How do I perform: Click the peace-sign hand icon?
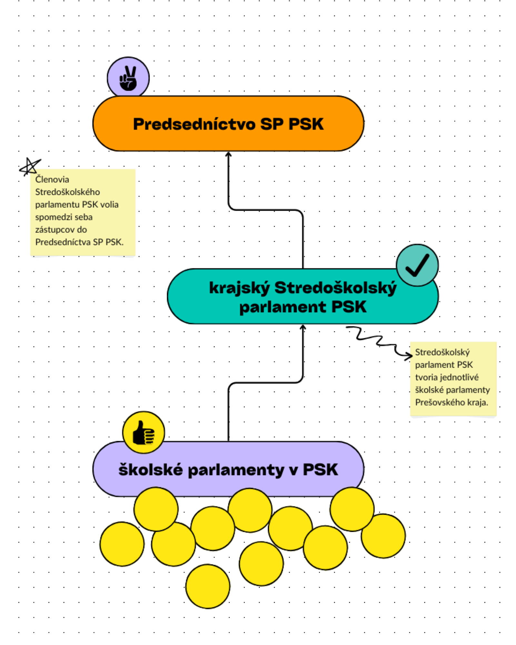coord(128,78)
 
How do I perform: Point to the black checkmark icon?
coord(417,265)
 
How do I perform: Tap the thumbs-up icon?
coord(144,432)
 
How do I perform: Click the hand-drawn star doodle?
coord(30,166)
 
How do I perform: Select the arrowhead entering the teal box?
coord(303,327)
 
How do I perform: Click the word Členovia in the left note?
coord(52,179)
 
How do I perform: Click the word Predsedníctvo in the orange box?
coord(194,124)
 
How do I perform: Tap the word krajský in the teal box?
coord(239,288)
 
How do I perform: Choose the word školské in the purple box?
coord(151,470)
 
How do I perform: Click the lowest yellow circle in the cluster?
coord(208,586)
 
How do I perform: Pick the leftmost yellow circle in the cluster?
coord(122,544)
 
